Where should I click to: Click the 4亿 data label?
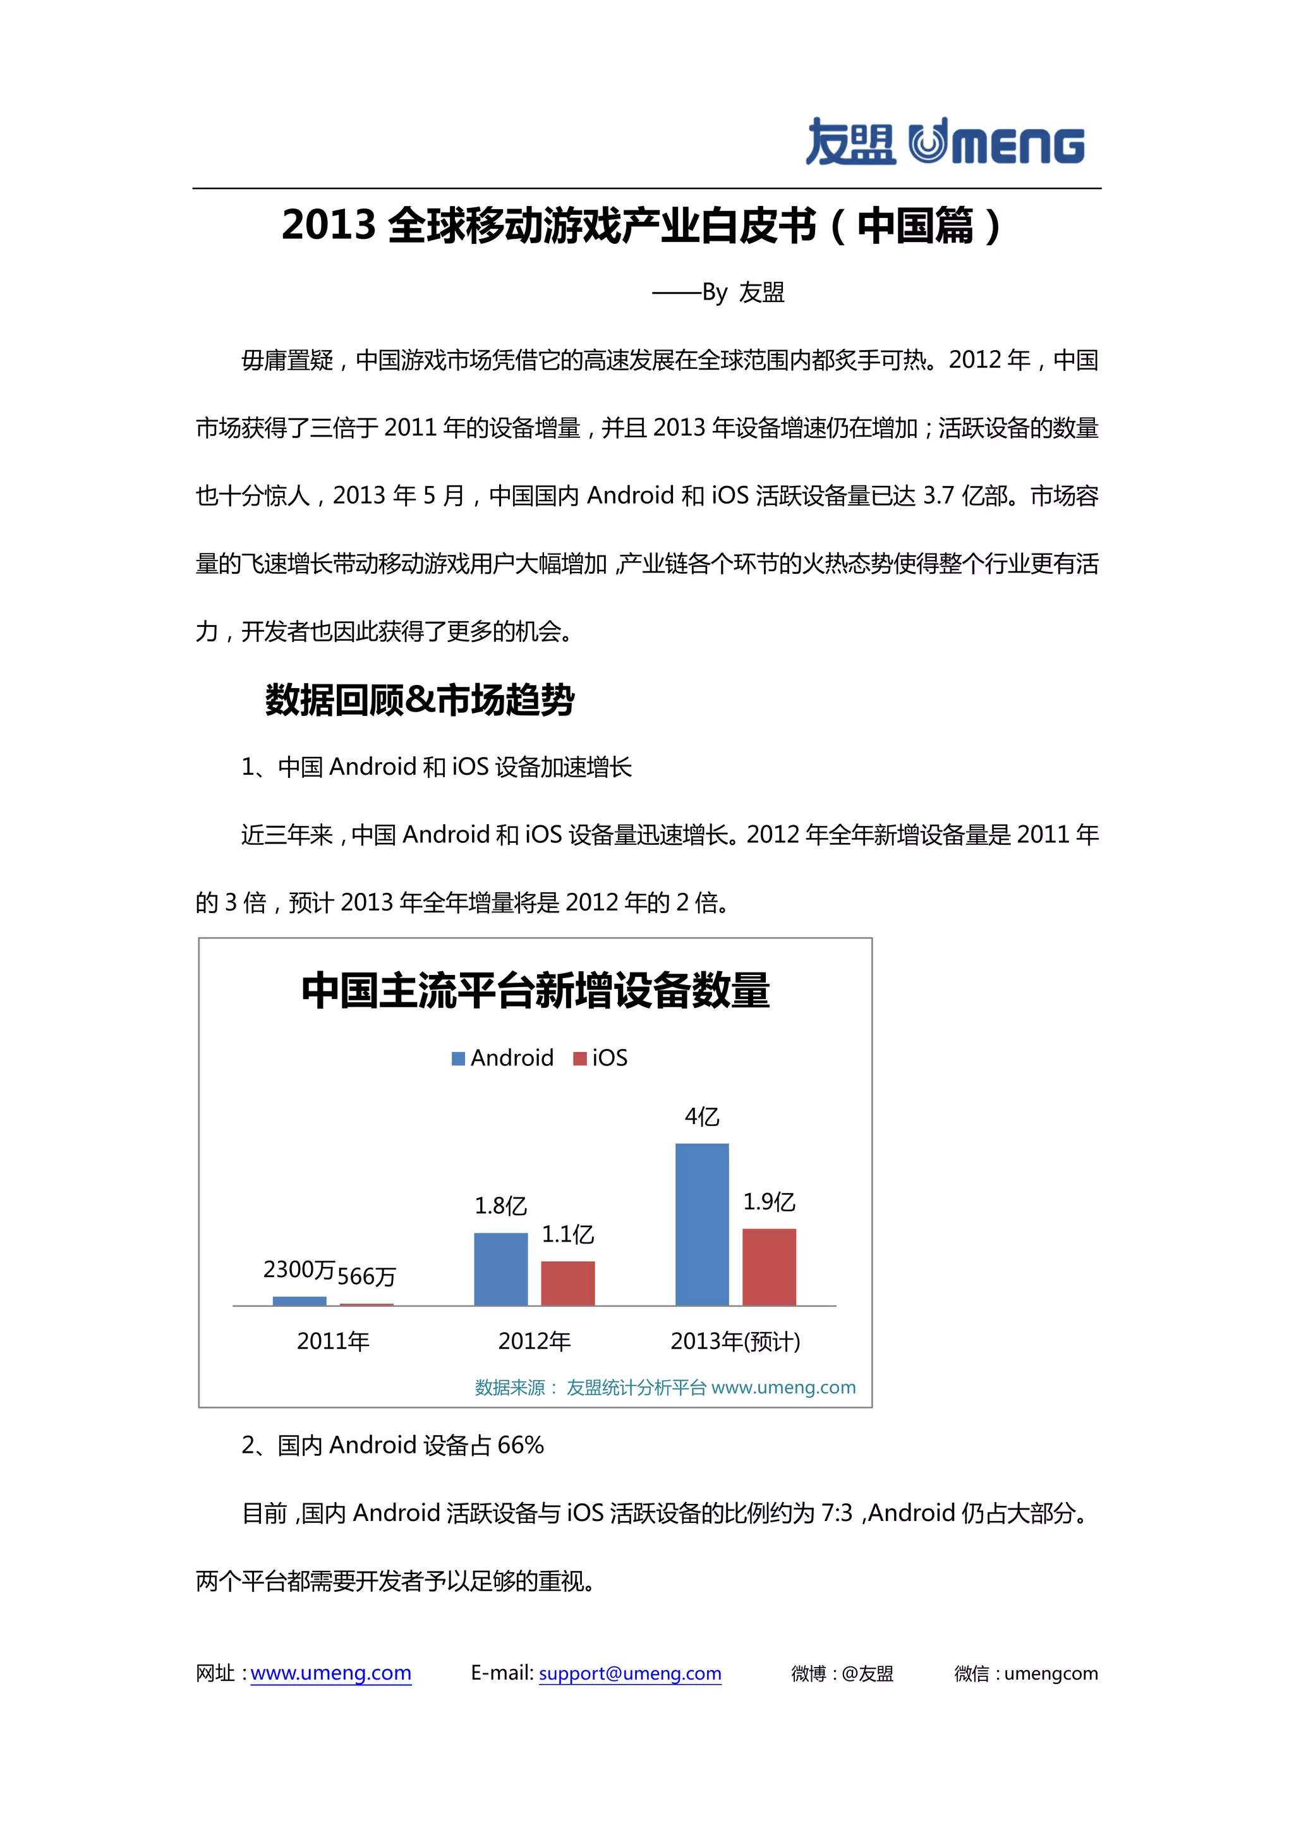click(702, 1117)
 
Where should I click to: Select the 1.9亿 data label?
click(769, 1201)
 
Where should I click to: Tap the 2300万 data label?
click(299, 1269)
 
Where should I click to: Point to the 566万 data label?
click(366, 1276)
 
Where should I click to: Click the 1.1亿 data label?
click(567, 1234)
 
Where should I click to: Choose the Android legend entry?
click(503, 1058)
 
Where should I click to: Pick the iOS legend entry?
click(601, 1058)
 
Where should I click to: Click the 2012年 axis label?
click(534, 1342)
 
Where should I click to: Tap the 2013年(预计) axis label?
click(735, 1342)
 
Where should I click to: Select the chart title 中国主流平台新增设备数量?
click(535, 991)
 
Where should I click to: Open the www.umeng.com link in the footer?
click(330, 1673)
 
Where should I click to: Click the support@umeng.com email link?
click(629, 1673)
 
